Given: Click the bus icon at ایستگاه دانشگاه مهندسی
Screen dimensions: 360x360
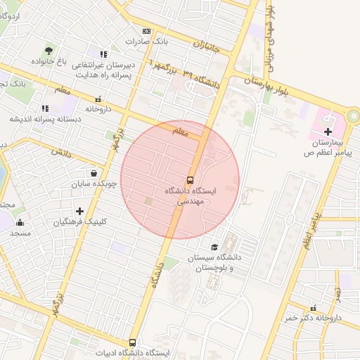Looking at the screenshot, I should click(x=190, y=179).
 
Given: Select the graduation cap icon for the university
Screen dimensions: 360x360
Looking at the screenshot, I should click(x=214, y=247).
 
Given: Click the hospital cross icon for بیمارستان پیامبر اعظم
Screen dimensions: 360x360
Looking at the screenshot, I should click(x=328, y=131).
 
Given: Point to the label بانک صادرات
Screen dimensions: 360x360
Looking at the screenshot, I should click(x=147, y=41).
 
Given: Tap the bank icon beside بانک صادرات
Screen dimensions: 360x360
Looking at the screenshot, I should click(x=146, y=31).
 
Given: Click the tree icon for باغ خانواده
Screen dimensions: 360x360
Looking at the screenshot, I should click(x=48, y=51).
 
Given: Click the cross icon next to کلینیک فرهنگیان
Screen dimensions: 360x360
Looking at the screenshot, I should click(x=79, y=211).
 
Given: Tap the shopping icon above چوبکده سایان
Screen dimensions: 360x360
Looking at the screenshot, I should click(x=94, y=173).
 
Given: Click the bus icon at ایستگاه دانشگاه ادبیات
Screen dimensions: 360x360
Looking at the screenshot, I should click(x=132, y=342).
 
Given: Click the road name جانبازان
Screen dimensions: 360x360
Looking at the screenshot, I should click(x=207, y=49).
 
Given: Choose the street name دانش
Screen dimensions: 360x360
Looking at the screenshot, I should click(x=62, y=152).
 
